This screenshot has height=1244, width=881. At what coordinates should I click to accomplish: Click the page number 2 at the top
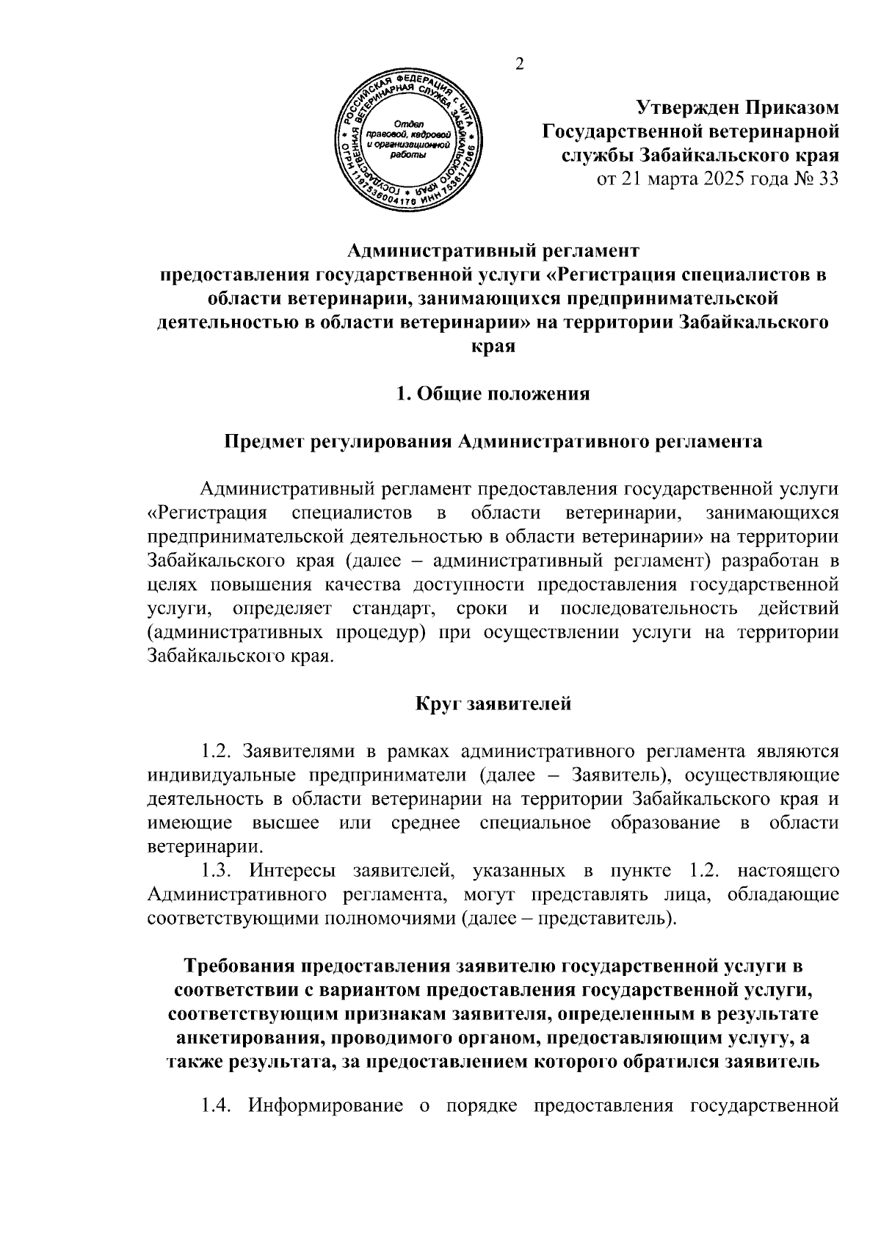coord(521,65)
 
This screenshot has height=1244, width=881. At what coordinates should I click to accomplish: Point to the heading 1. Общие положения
coord(493,394)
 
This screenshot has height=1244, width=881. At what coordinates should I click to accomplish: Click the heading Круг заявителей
coord(493,704)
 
